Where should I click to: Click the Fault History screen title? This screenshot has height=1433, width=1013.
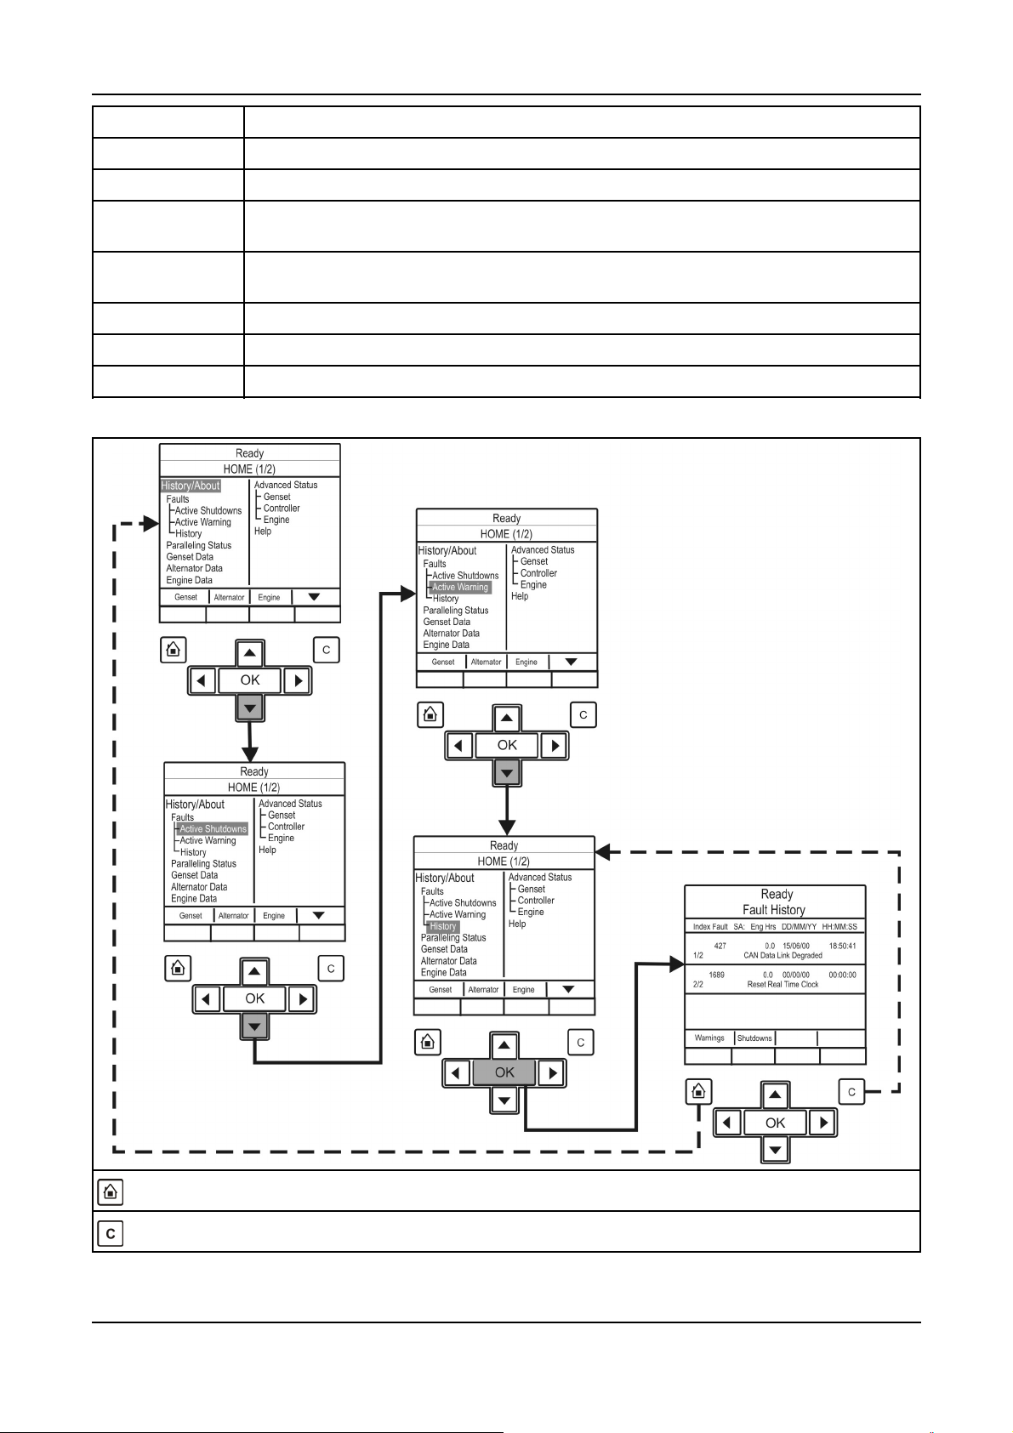[774, 909]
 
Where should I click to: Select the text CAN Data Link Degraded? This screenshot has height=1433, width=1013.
[783, 955]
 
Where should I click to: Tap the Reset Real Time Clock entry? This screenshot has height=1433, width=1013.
[783, 984]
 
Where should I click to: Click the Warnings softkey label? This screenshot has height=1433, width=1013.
[709, 1038]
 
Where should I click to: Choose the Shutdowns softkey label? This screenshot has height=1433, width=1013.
[754, 1038]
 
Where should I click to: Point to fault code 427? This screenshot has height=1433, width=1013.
[720, 946]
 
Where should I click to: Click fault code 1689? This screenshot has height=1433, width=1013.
[716, 975]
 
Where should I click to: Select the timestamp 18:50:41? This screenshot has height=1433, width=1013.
[842, 946]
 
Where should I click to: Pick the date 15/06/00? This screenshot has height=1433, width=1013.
[796, 946]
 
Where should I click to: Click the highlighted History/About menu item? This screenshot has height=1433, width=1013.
[191, 486]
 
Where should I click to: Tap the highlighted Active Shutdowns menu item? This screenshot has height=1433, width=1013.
[213, 828]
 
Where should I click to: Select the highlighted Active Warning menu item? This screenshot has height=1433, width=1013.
[460, 587]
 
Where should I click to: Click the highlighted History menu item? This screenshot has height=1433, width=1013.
[443, 926]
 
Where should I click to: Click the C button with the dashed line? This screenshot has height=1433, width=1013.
[851, 1092]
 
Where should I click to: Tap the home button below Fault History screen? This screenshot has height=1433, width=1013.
[698, 1091]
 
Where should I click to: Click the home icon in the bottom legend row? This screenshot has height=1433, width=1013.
[111, 1192]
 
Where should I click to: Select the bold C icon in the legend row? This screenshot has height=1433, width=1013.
[111, 1233]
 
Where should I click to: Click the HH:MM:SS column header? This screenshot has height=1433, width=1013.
[839, 926]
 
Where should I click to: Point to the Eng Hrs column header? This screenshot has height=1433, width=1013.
[763, 926]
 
